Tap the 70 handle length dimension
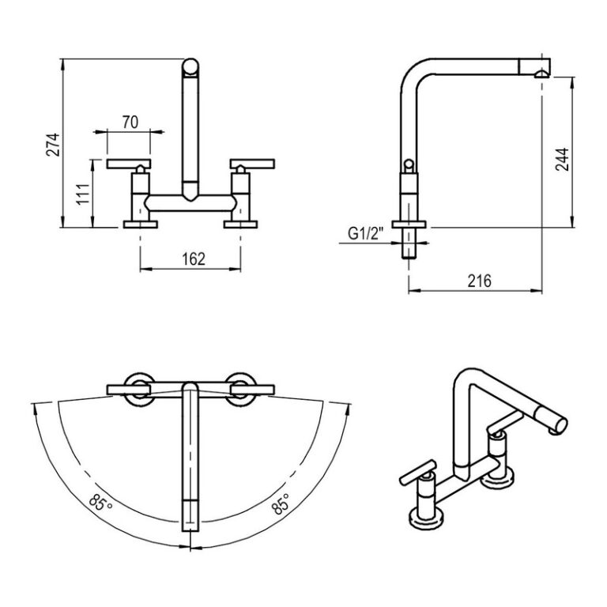pos(130,122)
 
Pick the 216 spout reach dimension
pos(479,281)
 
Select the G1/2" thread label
pos(364,233)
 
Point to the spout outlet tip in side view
pos(540,74)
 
